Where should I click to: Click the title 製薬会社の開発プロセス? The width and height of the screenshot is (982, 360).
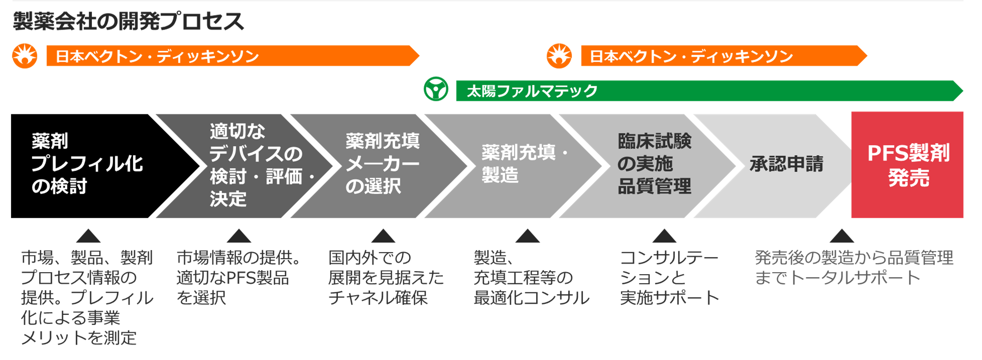(x=129, y=22)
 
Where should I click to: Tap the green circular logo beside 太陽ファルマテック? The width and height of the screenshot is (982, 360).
(x=436, y=89)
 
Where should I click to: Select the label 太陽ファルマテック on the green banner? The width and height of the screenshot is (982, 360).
(x=532, y=91)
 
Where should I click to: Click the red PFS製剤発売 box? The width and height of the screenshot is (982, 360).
(x=907, y=165)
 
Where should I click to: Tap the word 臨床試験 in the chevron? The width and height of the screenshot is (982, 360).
(x=654, y=142)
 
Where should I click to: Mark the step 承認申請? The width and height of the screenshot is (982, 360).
(x=786, y=164)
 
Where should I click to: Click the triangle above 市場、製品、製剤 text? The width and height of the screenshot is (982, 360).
(x=88, y=236)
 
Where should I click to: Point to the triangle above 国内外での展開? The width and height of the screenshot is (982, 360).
(x=383, y=236)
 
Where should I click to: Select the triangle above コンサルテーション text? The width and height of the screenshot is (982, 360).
(x=664, y=236)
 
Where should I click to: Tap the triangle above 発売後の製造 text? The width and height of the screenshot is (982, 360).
(x=842, y=236)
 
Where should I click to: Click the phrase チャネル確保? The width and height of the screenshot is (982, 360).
(x=378, y=298)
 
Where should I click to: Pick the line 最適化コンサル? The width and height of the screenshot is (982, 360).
(x=531, y=298)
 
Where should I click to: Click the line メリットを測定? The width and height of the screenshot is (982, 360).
(x=79, y=337)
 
